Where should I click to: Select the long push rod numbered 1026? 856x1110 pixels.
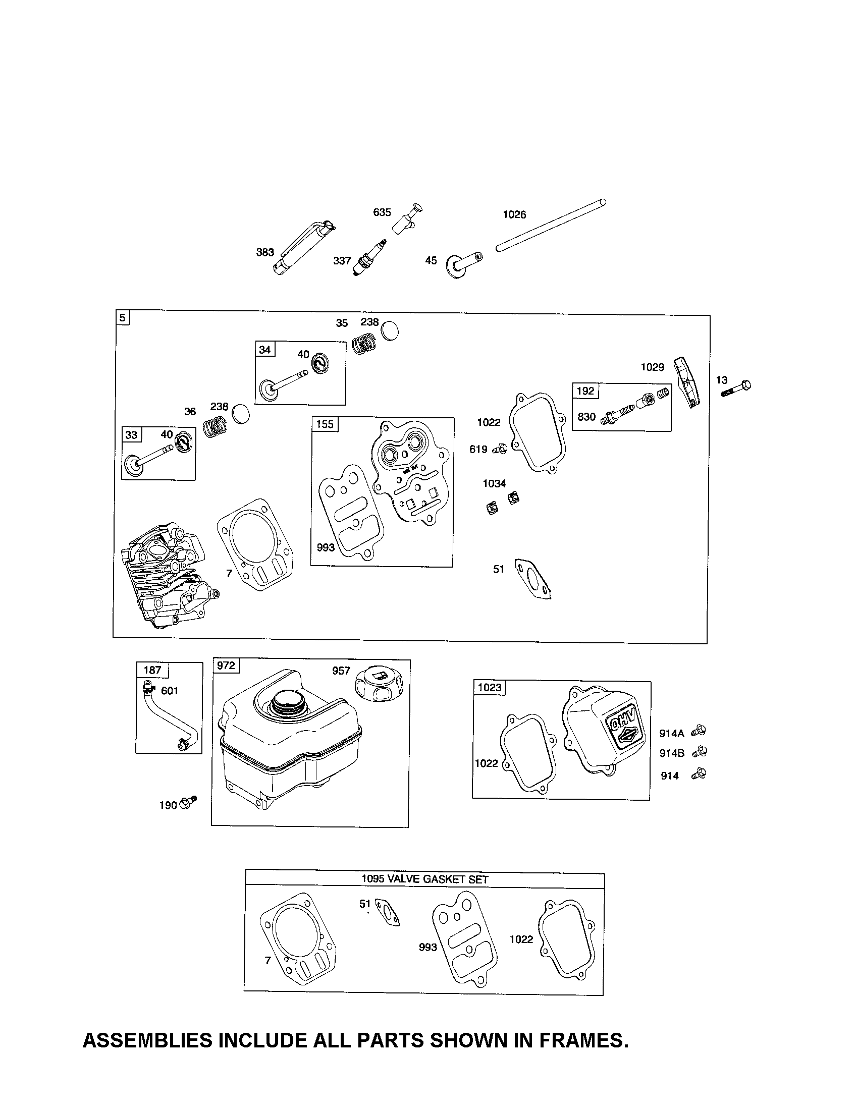point(551,225)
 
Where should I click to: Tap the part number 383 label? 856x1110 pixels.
point(265,253)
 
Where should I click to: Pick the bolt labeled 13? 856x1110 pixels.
point(736,389)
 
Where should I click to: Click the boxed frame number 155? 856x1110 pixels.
point(325,424)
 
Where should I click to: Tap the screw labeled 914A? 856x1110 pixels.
point(699,731)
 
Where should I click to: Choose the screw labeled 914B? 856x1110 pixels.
point(700,751)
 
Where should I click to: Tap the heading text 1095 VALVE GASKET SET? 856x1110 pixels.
point(425,879)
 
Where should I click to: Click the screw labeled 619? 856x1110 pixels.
point(501,449)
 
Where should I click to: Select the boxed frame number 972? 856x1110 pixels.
point(226,665)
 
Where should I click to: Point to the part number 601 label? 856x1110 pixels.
point(170,691)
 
